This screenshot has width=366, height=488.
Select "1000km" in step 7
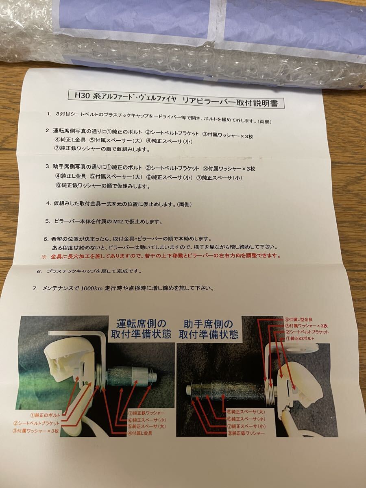pyautogui.click(x=91, y=289)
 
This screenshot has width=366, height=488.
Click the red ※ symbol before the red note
pyautogui.click(x=44, y=257)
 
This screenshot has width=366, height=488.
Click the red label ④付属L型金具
pyautogui.click(x=298, y=320)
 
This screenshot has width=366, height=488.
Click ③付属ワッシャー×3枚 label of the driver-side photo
pyautogui.click(x=35, y=431)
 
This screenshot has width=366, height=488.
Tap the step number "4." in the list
pyautogui.click(x=49, y=203)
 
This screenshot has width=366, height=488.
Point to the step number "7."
pyautogui.click(x=35, y=289)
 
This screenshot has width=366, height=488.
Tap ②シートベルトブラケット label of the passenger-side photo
pyautogui.click(x=307, y=332)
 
